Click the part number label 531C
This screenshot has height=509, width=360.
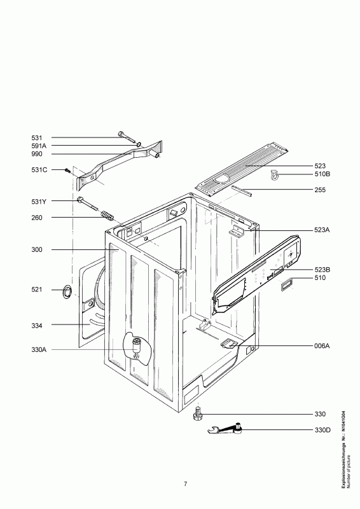39,170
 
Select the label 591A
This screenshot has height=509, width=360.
39,146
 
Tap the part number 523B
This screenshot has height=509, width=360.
322,270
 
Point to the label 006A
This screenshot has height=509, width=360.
322,346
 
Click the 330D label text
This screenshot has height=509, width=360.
322,431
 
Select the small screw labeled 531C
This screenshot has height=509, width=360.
68,171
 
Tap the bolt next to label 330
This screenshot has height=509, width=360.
197,414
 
